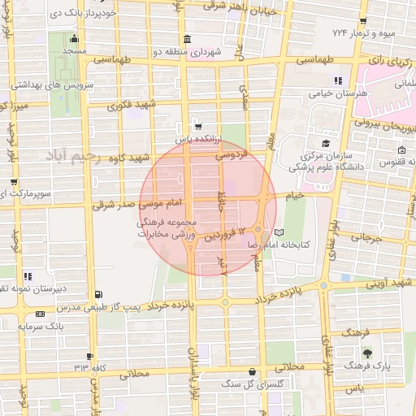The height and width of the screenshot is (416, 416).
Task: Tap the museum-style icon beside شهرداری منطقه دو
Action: [x=188, y=40]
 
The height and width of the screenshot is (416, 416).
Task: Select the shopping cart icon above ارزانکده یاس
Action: [x=197, y=127]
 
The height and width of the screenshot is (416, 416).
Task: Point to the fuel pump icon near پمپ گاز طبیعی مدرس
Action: [x=98, y=294]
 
